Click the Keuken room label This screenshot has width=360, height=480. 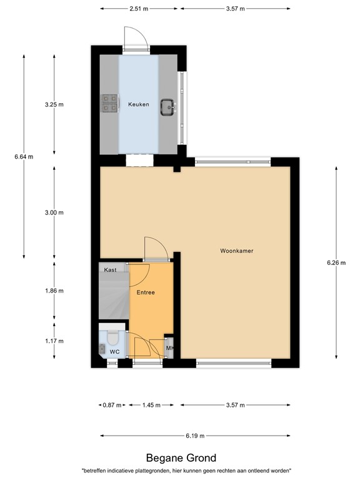tap(138, 104)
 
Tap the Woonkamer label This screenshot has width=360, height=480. tap(236, 251)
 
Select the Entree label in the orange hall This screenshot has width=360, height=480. tap(145, 292)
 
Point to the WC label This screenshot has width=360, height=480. tap(114, 352)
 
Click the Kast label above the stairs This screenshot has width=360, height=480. tap(111, 269)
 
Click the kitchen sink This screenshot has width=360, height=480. tap(167, 107)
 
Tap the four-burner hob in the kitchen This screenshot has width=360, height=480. tap(109, 103)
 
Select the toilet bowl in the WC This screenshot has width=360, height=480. tap(113, 337)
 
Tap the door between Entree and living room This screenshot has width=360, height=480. tap(155, 249)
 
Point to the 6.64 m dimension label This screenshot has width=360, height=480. tap(24, 156)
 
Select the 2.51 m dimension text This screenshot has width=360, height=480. tap(139, 9)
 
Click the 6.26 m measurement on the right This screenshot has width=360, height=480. tap(336, 263)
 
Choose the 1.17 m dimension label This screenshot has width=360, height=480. tap(54, 341)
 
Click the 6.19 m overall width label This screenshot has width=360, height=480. tap(195, 436)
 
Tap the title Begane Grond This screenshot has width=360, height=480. tap(181, 458)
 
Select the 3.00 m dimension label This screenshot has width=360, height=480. tap(54, 212)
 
